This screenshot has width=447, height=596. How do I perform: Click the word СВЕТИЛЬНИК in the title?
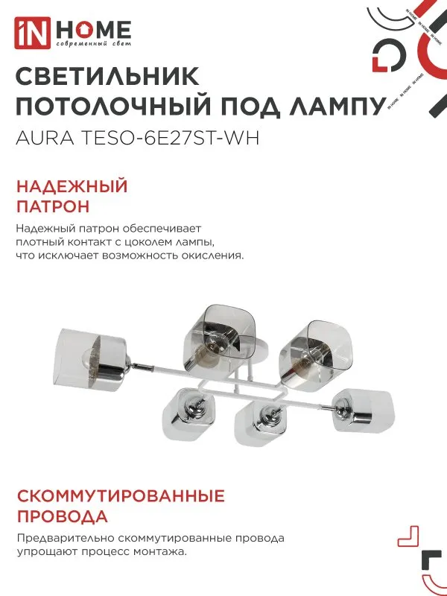coord(107,77)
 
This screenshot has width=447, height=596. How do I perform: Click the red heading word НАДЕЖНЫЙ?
coord(72,186)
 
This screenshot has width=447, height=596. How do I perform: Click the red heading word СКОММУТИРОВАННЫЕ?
coord(120,495)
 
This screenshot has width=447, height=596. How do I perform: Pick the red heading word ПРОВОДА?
coord(62,516)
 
